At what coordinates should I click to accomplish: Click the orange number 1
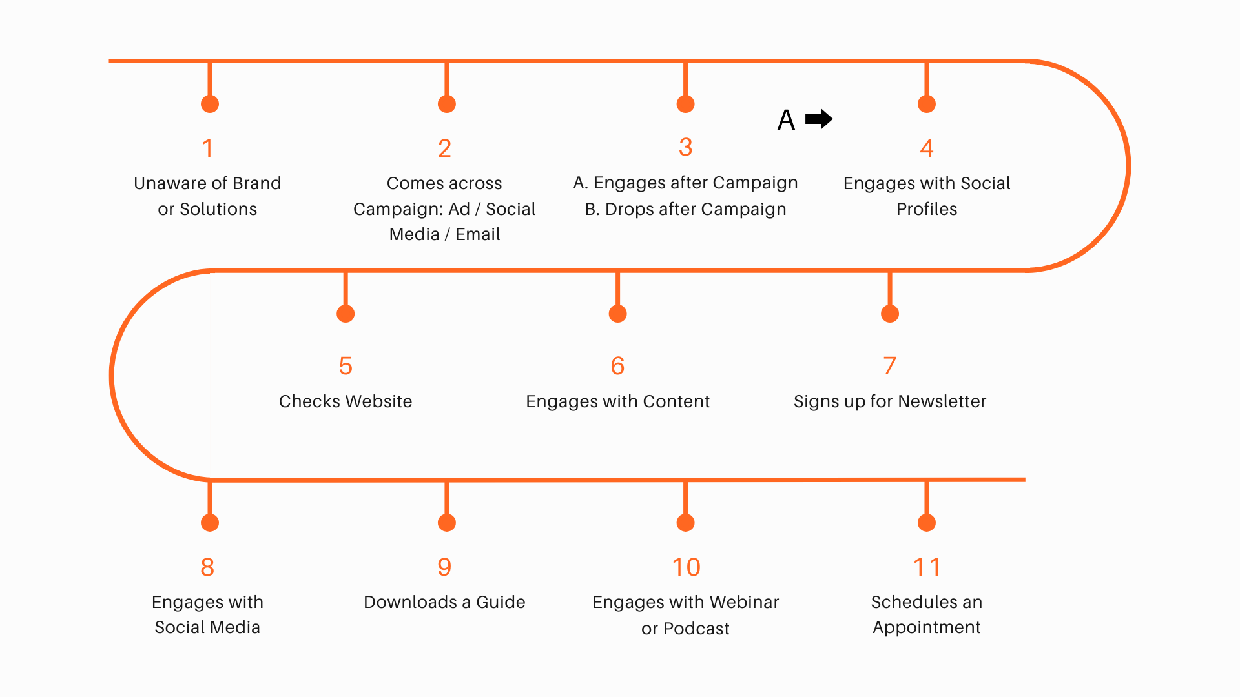207,148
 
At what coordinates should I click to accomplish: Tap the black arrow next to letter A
819,119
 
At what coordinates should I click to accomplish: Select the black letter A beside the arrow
786,121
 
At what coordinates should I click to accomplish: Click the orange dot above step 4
927,104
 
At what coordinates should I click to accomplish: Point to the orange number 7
890,366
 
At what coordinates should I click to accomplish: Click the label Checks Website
346,401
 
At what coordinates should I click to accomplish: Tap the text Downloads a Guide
444,602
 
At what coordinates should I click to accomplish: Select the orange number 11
927,567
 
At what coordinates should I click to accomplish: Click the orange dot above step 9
447,523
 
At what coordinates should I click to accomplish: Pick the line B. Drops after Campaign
685,209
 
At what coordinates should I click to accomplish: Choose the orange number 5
346,366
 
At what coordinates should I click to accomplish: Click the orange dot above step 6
618,314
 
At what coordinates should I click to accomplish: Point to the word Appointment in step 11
927,627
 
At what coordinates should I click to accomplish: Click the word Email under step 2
477,234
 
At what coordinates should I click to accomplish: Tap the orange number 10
686,567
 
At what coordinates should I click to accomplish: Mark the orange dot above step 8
210,523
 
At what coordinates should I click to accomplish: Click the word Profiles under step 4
927,209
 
